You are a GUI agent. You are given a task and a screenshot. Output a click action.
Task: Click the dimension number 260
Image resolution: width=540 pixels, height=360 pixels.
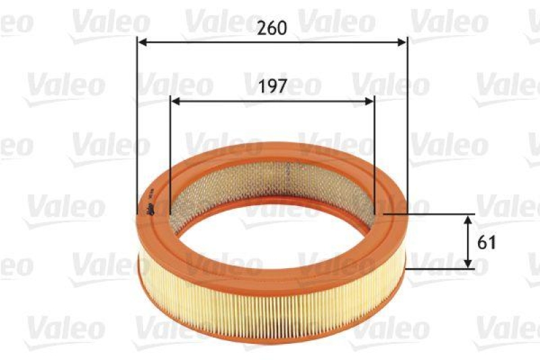click(273, 28)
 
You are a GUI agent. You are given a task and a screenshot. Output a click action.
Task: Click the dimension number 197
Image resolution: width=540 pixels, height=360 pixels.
click(273, 86)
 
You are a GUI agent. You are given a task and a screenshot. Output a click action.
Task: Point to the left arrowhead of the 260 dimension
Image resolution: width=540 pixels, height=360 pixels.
click(142, 42)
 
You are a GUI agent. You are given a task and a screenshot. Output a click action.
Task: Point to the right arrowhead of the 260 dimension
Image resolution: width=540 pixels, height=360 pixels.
click(403, 42)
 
